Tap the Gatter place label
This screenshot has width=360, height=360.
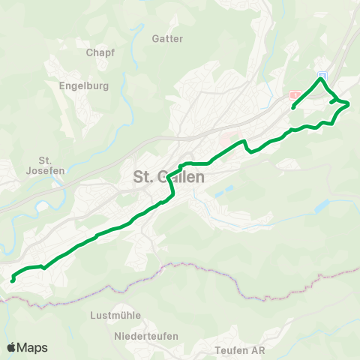coord(167,38)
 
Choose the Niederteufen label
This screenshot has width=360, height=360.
coord(146,335)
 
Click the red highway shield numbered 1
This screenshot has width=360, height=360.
coord(295,95)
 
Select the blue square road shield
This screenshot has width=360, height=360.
coord(322,76)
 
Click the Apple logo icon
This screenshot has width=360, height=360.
coord(12,347)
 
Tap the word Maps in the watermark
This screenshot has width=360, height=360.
coord(32,347)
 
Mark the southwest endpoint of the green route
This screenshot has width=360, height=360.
coord(13,280)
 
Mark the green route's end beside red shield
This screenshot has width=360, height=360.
coord(292,107)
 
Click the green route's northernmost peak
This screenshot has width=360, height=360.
coord(321,79)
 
